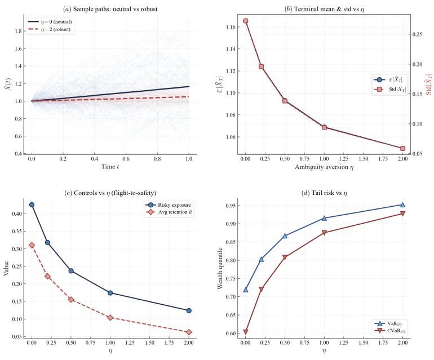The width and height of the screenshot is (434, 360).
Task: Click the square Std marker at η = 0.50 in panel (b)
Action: coord(285,101)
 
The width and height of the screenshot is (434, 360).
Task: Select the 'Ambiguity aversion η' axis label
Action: coord(324,168)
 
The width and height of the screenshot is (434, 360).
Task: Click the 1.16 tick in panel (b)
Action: coord(231,27)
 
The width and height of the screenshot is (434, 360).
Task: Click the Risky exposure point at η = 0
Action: coord(32,205)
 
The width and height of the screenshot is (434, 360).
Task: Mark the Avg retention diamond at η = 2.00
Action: coord(189,332)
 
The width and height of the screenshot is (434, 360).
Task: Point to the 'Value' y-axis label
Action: coord(6,267)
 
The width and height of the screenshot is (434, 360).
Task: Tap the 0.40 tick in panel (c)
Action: coord(17,214)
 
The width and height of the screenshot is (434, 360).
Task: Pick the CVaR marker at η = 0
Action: coord(246,332)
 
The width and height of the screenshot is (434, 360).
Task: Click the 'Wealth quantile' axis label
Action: coord(220,267)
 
